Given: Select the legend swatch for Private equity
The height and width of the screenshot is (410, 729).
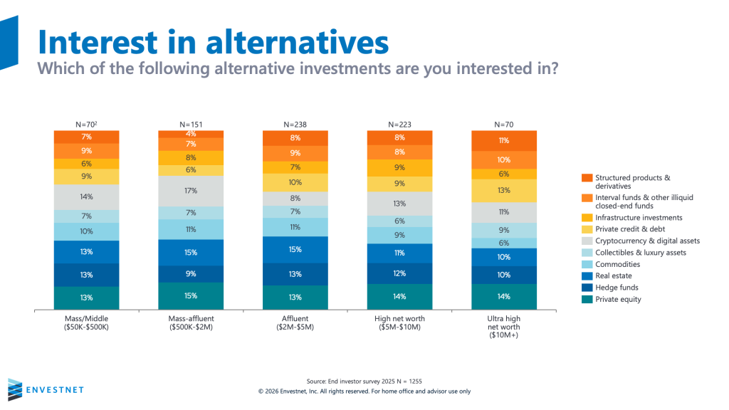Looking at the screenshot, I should [x=586, y=300].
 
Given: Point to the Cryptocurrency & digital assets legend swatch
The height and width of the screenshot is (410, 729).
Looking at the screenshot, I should [x=586, y=241].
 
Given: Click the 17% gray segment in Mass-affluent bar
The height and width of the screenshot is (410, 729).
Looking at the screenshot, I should [x=191, y=191].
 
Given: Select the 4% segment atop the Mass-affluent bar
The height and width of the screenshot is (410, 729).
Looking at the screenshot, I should [x=191, y=134].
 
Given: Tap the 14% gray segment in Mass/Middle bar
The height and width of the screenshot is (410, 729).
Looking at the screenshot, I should [x=86, y=196].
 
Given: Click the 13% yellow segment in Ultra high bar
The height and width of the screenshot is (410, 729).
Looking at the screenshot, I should [x=504, y=190].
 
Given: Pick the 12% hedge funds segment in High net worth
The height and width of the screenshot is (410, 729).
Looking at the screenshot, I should [x=399, y=273].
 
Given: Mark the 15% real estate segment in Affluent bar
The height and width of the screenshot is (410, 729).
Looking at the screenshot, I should [x=295, y=250].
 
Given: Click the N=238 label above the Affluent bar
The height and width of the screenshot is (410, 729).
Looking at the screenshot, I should [x=295, y=124].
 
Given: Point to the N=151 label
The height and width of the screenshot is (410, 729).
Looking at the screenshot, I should [x=191, y=124].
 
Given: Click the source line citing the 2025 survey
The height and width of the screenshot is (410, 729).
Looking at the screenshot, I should [x=364, y=381].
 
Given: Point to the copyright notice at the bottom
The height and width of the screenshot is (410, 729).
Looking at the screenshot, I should [x=364, y=391].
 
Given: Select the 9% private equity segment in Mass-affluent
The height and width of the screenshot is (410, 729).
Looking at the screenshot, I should [x=191, y=273].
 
